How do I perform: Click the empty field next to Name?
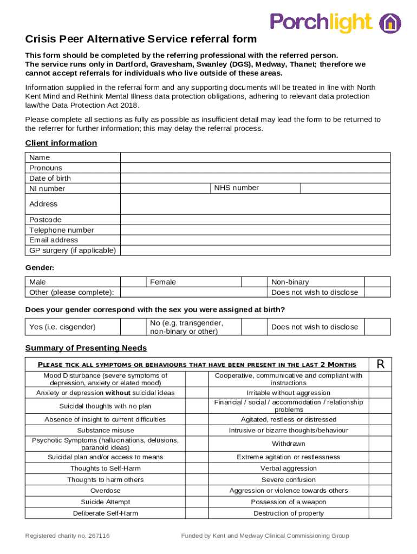tap(255, 157)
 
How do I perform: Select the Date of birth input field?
tap(255, 178)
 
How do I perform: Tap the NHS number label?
tap(236, 188)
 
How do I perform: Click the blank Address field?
tap(255, 204)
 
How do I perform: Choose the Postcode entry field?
tap(255, 220)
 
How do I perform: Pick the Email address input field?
tap(255, 240)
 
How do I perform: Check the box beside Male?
tap(133, 282)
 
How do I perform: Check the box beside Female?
tap(255, 282)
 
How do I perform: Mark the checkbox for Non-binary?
tap(377, 282)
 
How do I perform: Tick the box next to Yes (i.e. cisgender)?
tap(133, 327)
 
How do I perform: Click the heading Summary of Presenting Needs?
tap(86, 348)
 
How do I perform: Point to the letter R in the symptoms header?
tap(381, 364)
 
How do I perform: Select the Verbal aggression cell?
tap(288, 469)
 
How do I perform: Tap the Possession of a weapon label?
tap(288, 502)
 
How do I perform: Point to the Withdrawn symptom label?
tap(288, 444)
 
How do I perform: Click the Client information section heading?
tap(61, 143)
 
